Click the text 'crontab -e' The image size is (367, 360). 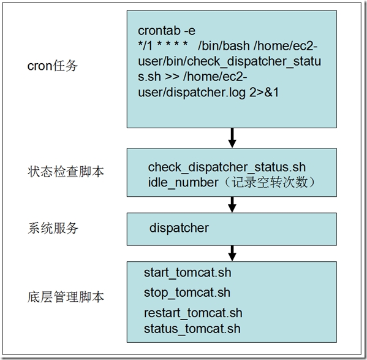coord(167,31)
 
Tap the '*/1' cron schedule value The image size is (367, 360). coord(145,45)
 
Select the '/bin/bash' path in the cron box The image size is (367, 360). coord(224,45)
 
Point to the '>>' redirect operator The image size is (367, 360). coord(172,77)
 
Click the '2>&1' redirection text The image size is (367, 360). coord(264,92)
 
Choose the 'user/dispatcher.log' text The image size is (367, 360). coord(192,93)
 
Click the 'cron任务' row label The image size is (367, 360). coord(53,66)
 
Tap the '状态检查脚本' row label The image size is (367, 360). coord(66,172)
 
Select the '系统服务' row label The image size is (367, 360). coord(53,228)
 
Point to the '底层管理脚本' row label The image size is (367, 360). coord(66,297)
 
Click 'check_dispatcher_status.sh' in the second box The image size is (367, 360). coord(227,167)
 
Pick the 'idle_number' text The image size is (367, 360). coord(183,183)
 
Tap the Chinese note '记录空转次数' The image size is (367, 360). coord(270,182)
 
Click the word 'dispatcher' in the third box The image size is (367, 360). coord(179,228)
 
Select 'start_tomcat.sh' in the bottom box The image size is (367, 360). coord(187,273)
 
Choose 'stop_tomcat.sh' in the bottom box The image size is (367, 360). coord(187,293)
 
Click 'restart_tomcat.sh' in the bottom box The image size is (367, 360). coord(193,313)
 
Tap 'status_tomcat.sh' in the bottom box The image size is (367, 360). coord(192,328)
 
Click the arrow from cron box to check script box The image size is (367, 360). coord(232,138)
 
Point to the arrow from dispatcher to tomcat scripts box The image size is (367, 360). coord(232,253)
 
